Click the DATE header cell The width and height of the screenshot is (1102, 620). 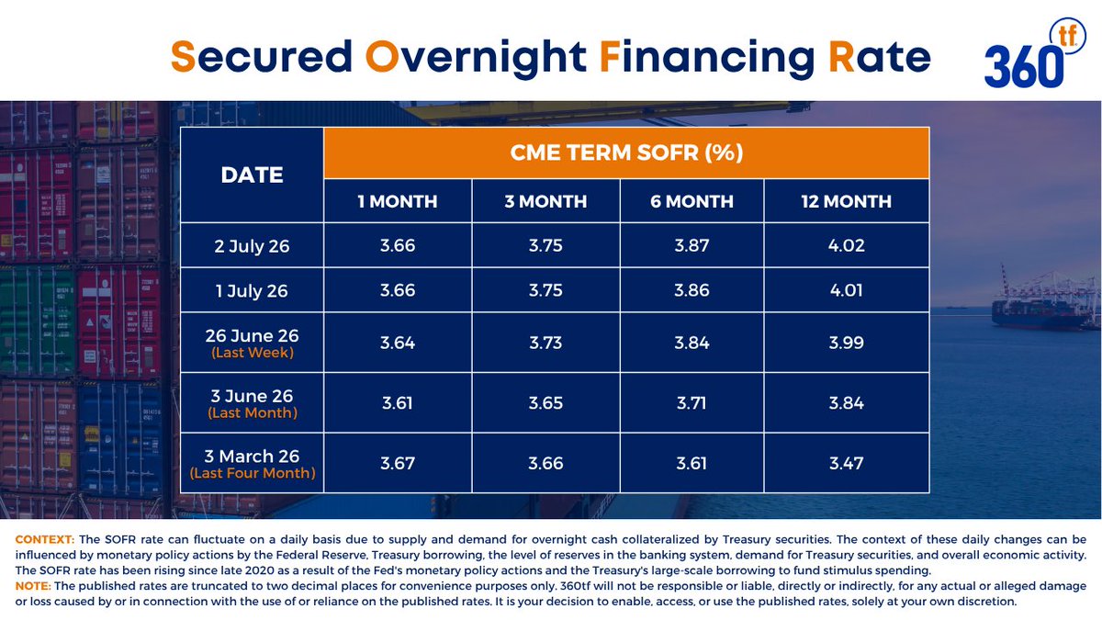coord(252,175)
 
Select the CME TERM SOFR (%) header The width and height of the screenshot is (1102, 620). coord(626,152)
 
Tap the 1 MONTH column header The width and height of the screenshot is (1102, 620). coord(398,201)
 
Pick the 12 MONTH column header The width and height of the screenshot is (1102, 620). coord(846,201)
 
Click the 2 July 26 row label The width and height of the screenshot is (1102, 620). coord(252,246)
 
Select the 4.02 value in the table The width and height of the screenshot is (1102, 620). coord(846,245)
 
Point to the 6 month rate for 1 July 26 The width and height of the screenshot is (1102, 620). coord(692,290)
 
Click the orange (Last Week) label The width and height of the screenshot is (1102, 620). coord(253,353)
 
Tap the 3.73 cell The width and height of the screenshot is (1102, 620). coord(545,343)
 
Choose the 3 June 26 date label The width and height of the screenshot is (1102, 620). coord(252,396)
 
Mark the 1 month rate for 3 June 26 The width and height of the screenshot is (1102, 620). coord(398,403)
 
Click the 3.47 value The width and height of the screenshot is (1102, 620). coord(846,463)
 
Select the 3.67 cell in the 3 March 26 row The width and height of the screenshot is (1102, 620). coord(398,463)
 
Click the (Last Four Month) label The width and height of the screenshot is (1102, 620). coord(253,473)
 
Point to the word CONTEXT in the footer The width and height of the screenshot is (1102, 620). coord(45,539)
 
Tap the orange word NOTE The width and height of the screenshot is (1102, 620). coord(33,586)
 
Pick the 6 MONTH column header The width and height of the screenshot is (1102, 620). coord(692,201)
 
